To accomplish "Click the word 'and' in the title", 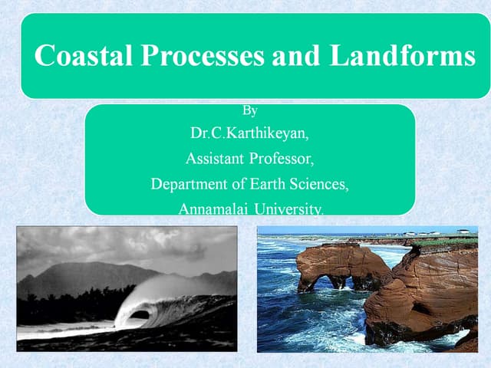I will pyautogui.click(x=298, y=56).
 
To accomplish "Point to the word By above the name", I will pyautogui.click(x=249, y=110).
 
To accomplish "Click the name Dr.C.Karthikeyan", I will pyautogui.click(x=249, y=133).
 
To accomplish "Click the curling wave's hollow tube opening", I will pyautogui.click(x=139, y=314).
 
